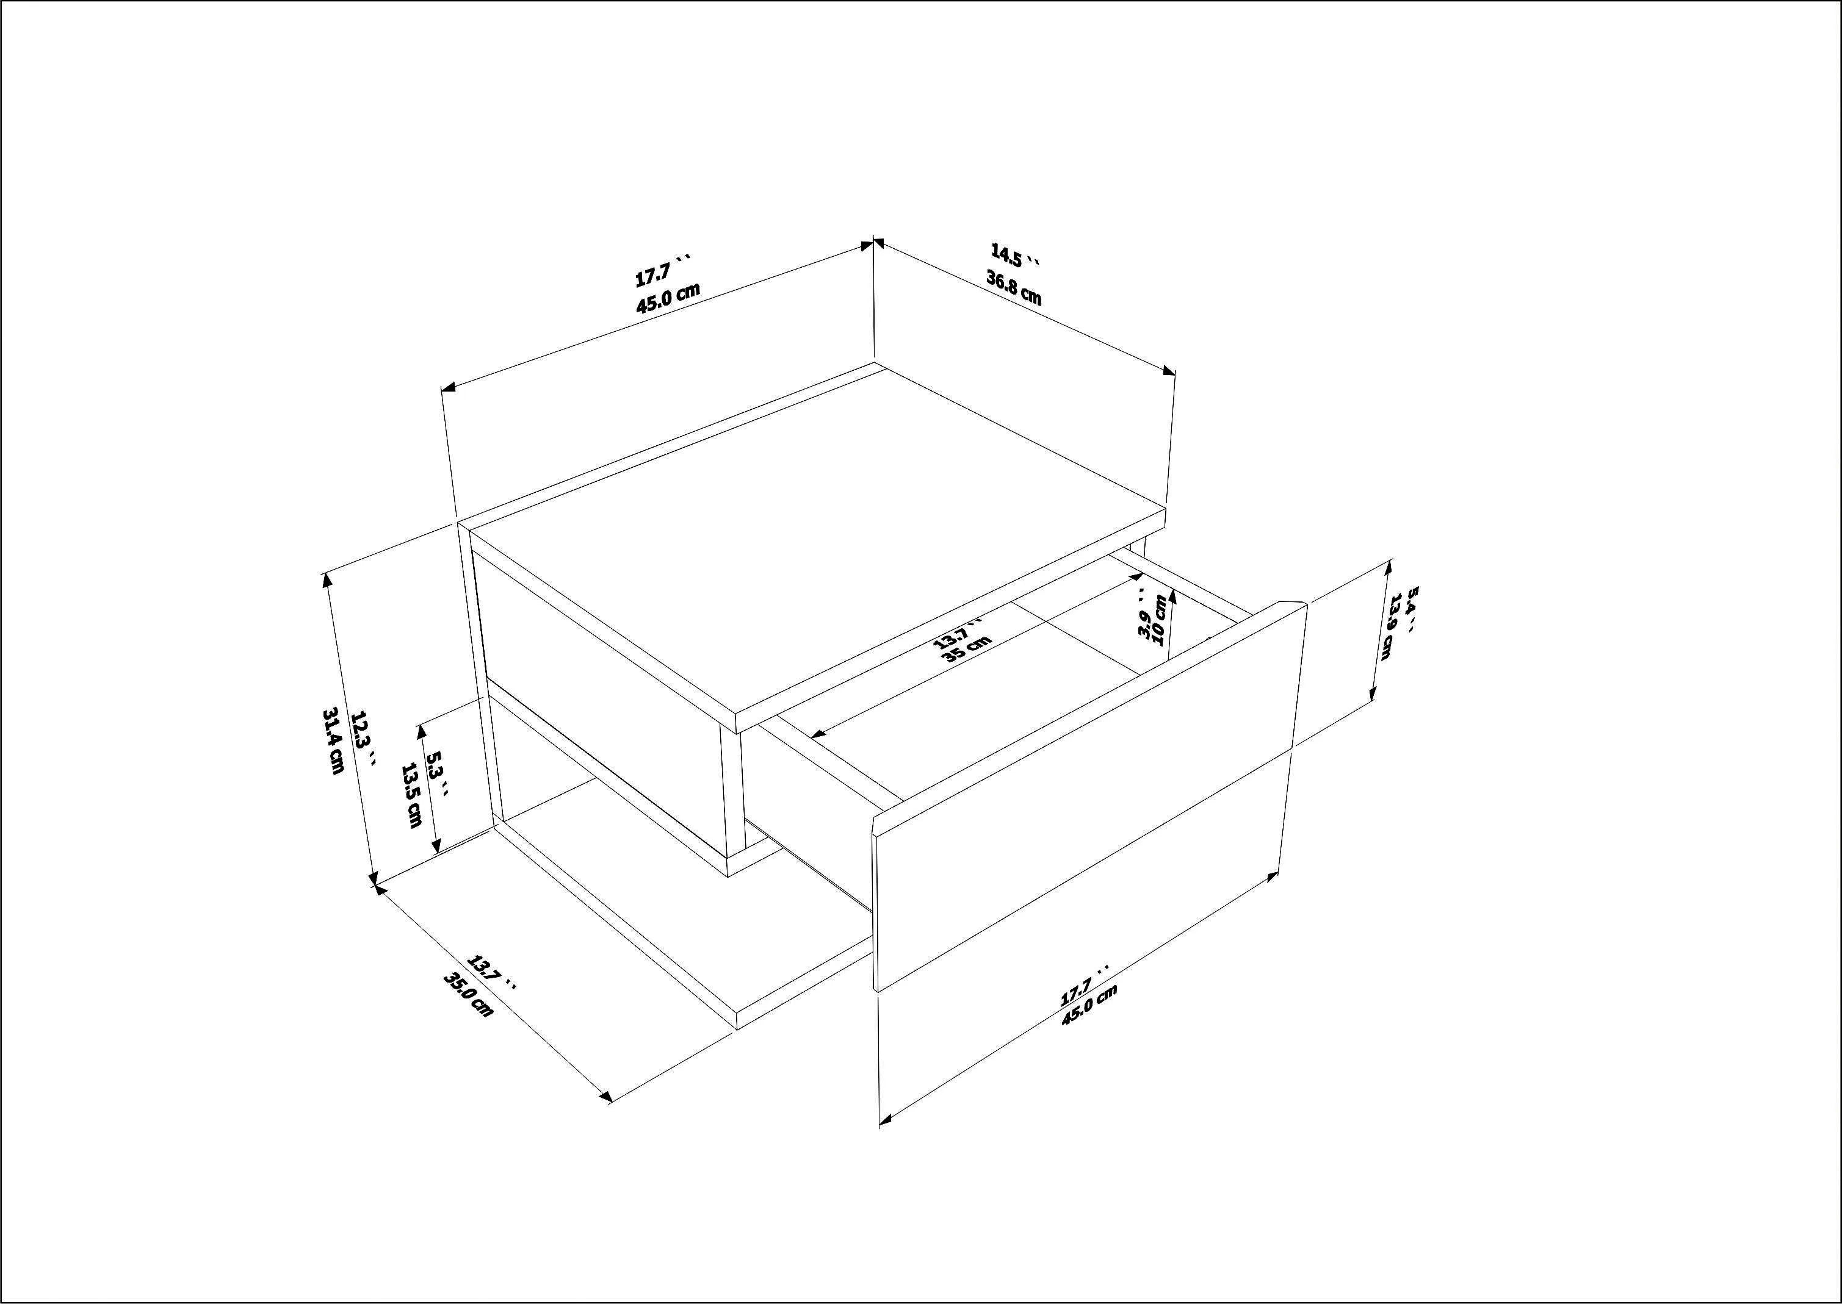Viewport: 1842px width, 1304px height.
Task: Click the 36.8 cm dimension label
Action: [1014, 287]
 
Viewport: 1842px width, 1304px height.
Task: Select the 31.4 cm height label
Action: [333, 740]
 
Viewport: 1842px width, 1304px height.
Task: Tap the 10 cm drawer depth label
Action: [1159, 619]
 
